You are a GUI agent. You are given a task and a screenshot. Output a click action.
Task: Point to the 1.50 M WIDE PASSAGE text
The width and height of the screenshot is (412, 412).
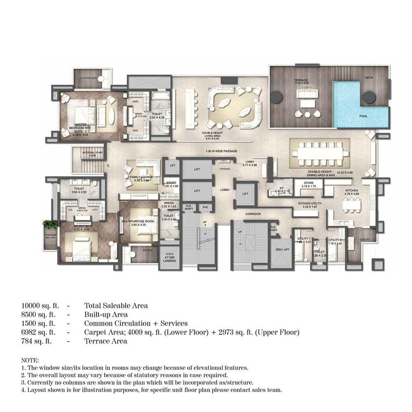pos(222,152)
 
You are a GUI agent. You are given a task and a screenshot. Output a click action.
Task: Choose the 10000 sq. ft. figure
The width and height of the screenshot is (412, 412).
pos(40,306)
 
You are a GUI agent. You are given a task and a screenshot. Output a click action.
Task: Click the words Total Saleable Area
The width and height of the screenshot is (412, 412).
pos(116,306)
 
